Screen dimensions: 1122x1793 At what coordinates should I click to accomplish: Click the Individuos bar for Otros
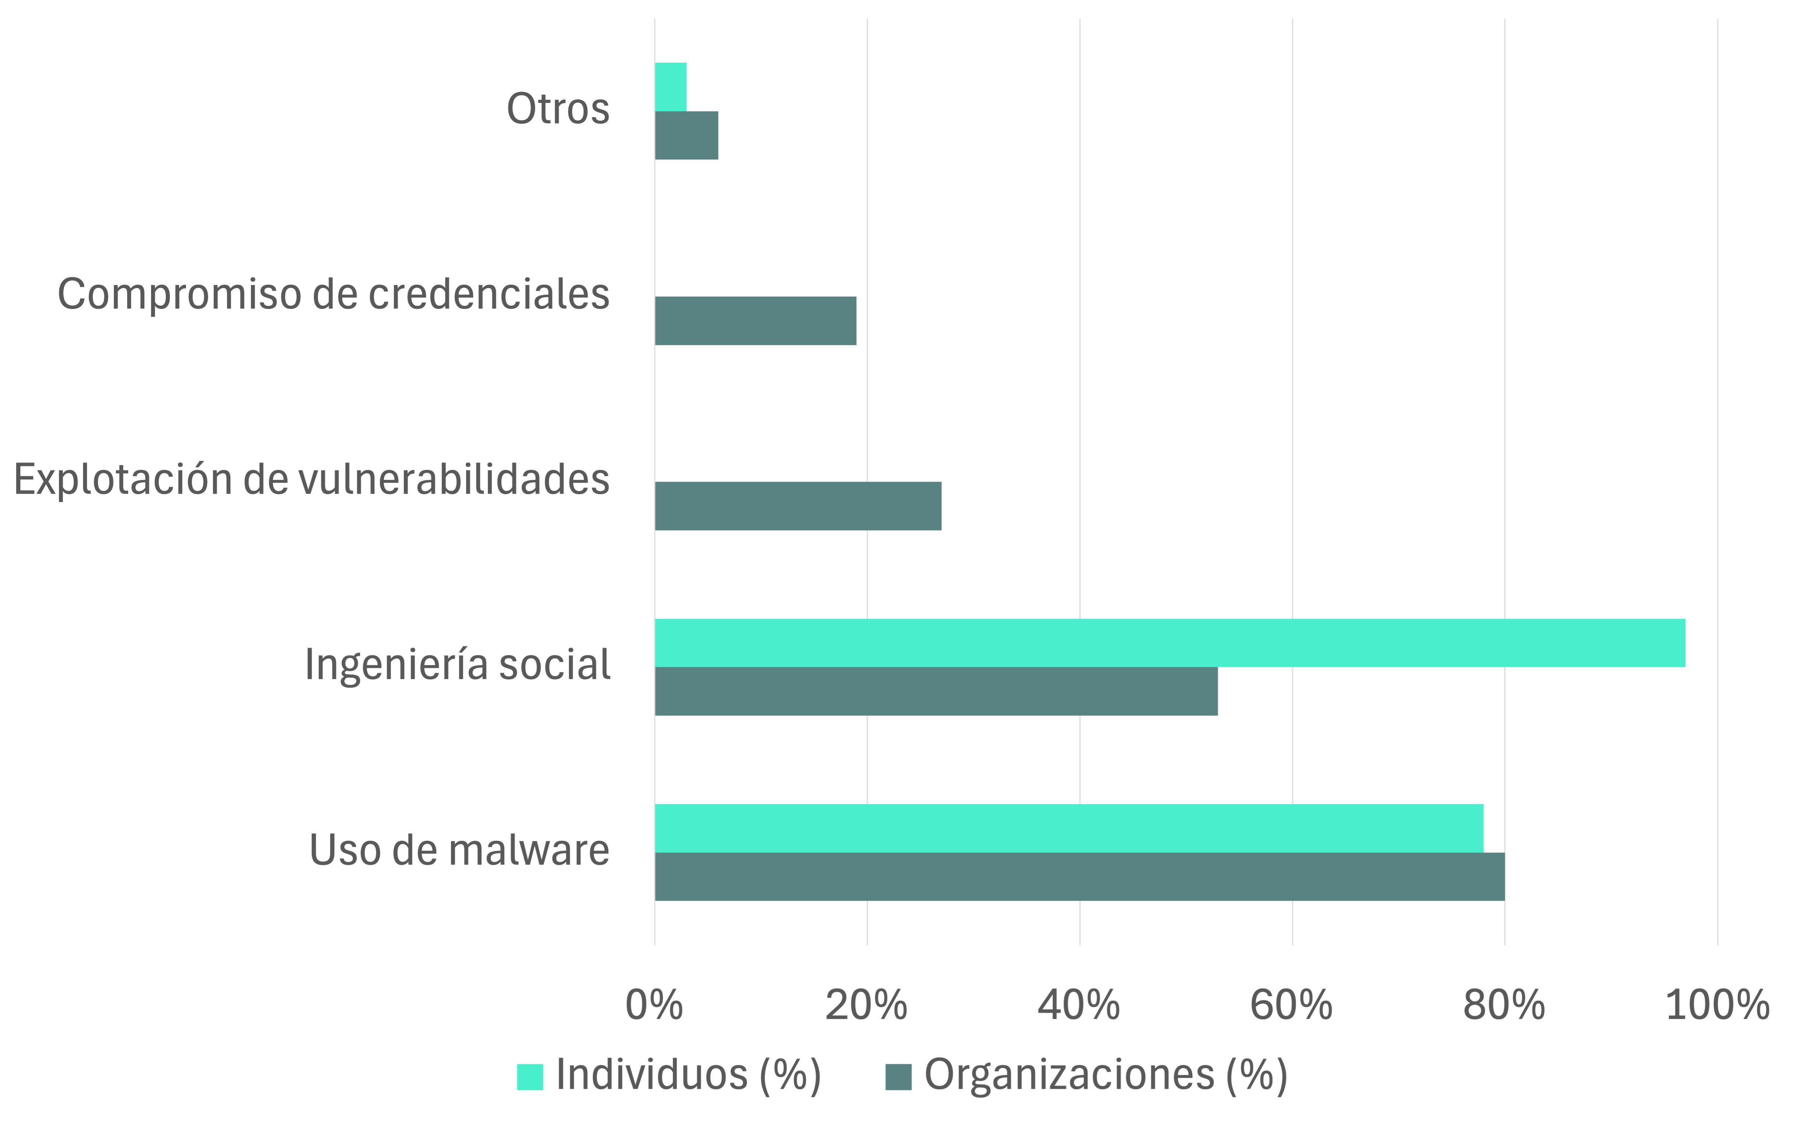coord(670,87)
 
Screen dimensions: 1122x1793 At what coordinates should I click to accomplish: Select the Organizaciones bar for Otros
coord(686,135)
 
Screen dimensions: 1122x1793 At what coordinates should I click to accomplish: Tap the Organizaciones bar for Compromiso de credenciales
coord(755,321)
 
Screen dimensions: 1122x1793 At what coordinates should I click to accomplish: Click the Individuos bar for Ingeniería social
coord(1169,643)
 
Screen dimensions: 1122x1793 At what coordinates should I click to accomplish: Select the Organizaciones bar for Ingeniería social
coord(935,691)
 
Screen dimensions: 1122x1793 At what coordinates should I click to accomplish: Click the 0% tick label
coord(654,1006)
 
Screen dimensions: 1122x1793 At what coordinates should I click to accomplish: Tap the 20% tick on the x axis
coord(866,1006)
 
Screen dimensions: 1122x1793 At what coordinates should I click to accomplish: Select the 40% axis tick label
coord(1079,1006)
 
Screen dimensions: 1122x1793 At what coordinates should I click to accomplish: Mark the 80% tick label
coord(1504,1006)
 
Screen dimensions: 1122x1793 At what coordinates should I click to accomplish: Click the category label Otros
coord(558,109)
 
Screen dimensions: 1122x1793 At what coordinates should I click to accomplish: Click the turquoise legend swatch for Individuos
coord(530,1077)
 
